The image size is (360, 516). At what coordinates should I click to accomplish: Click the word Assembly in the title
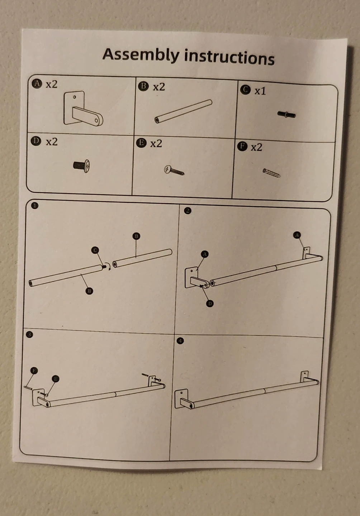coord(141,55)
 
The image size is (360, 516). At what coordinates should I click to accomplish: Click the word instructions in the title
coord(229,58)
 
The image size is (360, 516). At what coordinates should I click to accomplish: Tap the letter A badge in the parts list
coord(37,83)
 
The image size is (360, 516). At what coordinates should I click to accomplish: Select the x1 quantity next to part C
coord(260,91)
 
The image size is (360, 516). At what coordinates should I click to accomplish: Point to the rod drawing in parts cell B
coord(183,111)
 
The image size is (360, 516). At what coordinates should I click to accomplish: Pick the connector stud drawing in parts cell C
coord(286,114)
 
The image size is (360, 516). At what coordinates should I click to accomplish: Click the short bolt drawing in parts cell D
coord(81,166)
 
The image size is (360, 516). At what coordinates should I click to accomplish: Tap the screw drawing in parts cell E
coord(174,171)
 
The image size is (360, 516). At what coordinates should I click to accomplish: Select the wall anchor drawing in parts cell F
coord(271,173)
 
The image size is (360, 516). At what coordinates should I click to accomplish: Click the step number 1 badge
coord(34,205)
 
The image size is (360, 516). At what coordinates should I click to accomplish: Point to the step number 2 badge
coord(188,211)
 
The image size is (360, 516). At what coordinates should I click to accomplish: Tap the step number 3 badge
coord(29,334)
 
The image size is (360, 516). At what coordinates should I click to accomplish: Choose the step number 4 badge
coord(180,341)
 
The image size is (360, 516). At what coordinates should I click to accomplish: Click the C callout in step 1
coord(95,250)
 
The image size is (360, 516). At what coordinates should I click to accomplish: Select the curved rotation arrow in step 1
coord(109,266)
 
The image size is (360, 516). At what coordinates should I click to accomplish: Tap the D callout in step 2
coord(210,304)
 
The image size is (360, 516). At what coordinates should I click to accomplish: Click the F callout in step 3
coord(34,371)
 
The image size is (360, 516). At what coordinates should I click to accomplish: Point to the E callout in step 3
coord(55,379)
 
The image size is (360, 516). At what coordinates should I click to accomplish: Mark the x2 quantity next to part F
coord(256,147)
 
